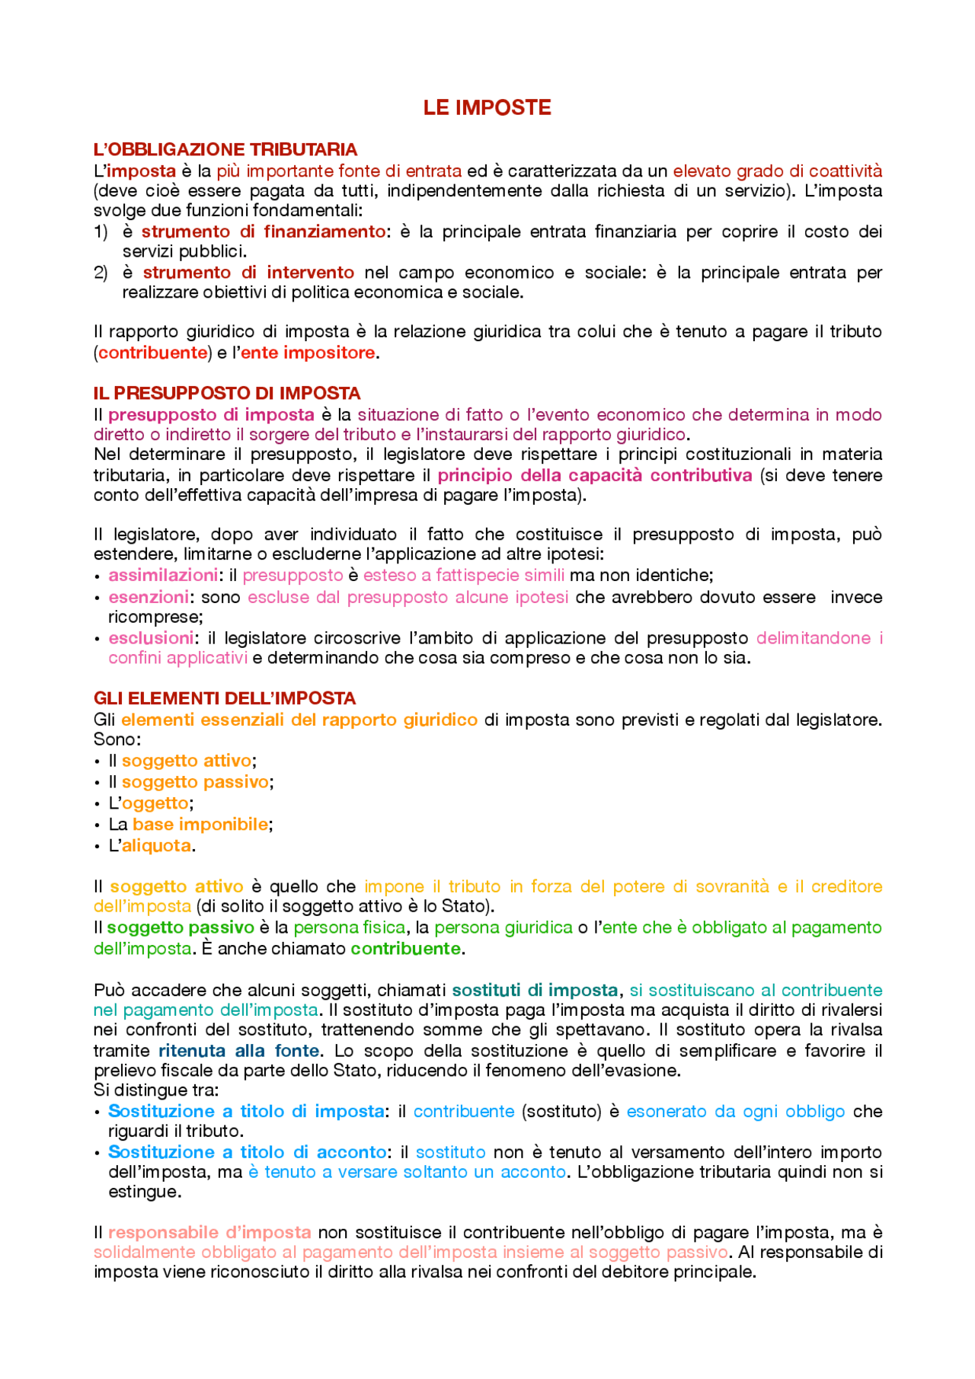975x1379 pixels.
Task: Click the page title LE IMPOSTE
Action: click(x=487, y=108)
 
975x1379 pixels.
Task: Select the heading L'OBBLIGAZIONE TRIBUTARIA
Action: click(x=225, y=149)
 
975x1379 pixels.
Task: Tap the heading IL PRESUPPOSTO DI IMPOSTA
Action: click(x=227, y=393)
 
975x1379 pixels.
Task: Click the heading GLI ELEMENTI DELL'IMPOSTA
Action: click(x=225, y=698)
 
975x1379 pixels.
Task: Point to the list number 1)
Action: click(x=101, y=231)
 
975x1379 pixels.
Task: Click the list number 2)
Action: click(x=101, y=273)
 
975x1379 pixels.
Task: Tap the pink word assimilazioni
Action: click(x=163, y=575)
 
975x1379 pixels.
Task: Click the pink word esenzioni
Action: click(x=149, y=597)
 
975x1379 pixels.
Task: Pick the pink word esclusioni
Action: click(x=151, y=638)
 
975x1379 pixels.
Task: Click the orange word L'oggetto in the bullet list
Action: click(x=155, y=803)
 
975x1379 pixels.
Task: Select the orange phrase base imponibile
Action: click(x=200, y=824)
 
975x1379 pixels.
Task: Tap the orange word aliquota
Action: click(x=156, y=845)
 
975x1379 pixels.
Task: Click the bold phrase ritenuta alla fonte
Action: click(x=239, y=1051)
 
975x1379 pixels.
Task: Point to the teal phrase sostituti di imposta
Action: click(x=535, y=990)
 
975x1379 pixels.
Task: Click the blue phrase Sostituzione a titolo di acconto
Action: click(x=248, y=1152)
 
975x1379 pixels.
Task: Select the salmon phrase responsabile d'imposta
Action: click(x=209, y=1232)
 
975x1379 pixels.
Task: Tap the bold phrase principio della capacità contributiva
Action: click(x=595, y=475)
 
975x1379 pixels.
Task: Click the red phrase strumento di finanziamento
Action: click(x=264, y=231)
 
